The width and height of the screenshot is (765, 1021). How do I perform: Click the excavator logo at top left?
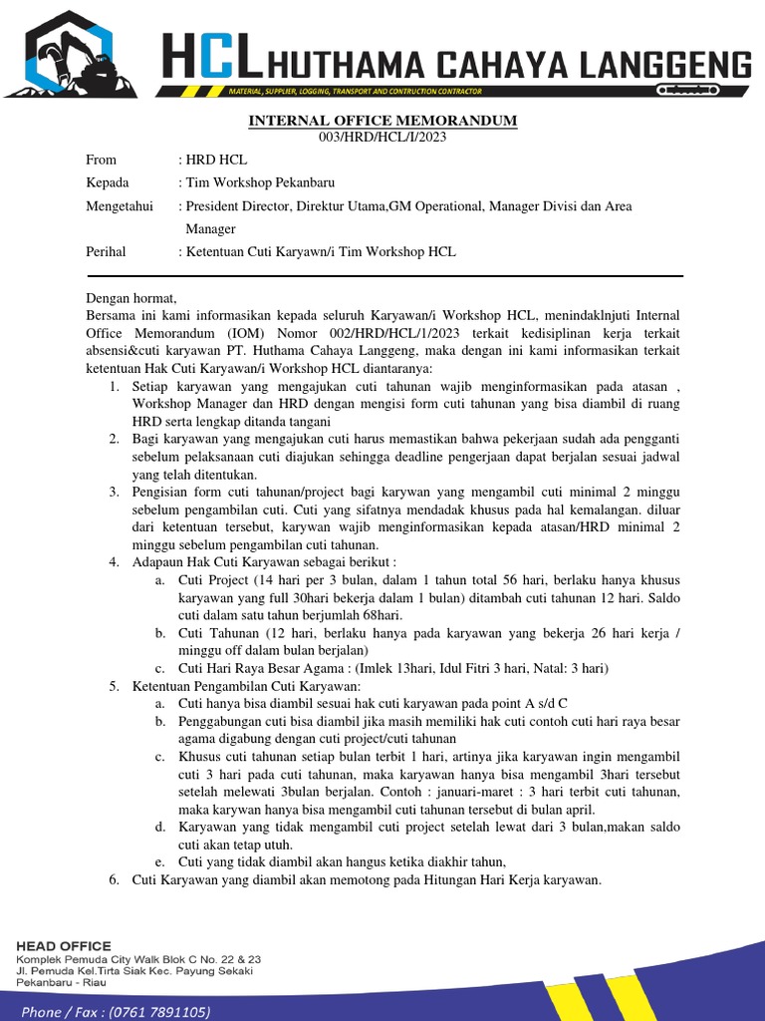coord(75,58)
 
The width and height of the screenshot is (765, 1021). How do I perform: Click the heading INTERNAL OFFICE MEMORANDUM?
coord(383,121)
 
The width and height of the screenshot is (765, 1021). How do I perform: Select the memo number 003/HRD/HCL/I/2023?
coord(382,137)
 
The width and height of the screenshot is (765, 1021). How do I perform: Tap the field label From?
coord(102,160)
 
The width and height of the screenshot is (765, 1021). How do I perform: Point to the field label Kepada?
coord(109,183)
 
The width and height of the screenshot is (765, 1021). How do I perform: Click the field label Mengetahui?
coord(120,206)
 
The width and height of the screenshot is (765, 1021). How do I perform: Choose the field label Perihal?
coord(107,252)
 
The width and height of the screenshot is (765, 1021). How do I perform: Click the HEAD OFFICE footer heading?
coord(64,945)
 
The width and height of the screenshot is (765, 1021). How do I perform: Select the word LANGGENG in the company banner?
coord(668,66)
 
